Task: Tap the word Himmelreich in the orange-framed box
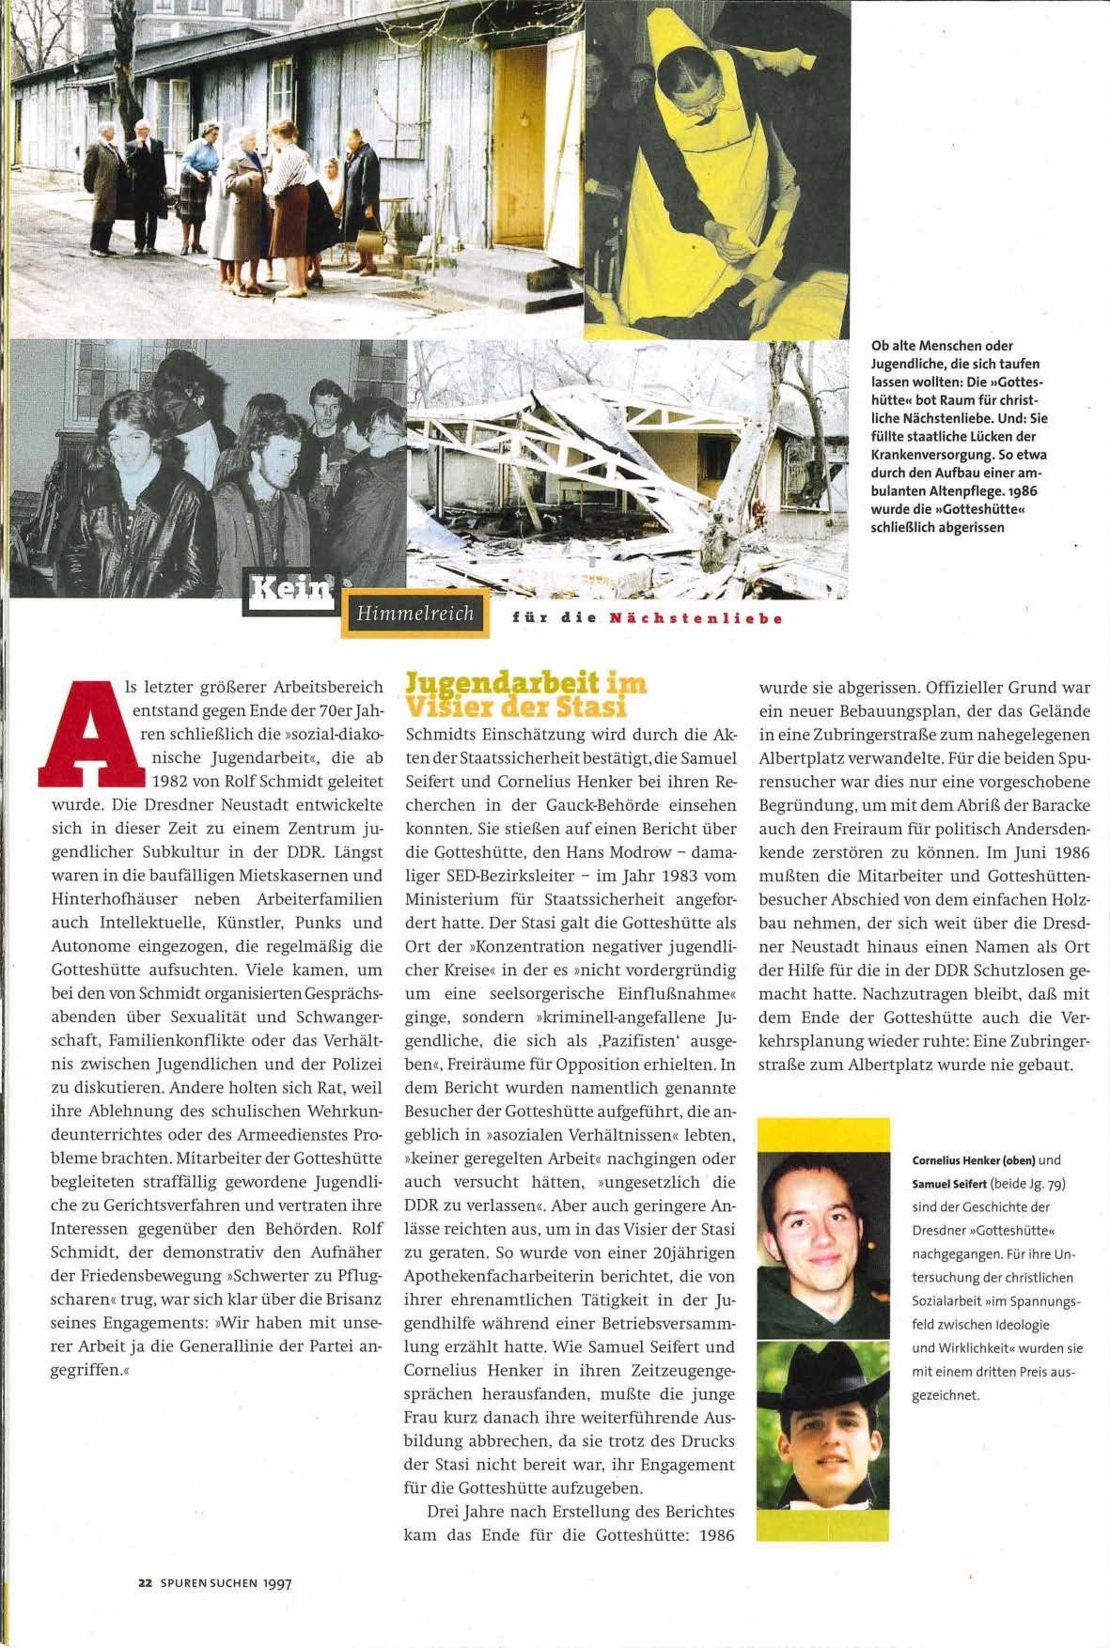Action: (x=414, y=614)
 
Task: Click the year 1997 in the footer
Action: (x=277, y=1582)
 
